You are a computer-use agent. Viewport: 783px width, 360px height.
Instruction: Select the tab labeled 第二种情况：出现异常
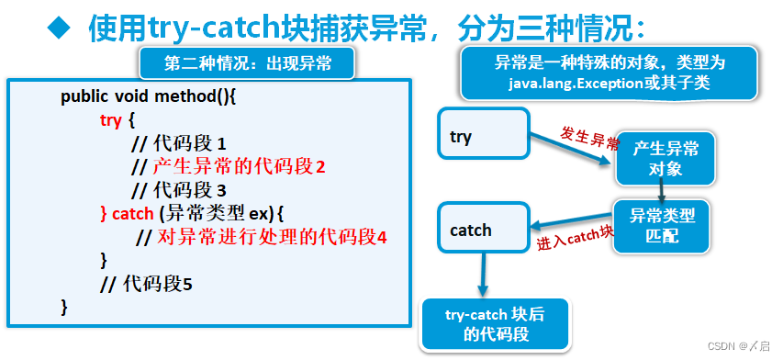click(x=246, y=63)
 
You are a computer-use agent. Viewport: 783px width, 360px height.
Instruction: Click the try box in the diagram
click(x=484, y=138)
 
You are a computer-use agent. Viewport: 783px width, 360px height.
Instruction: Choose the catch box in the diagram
click(x=484, y=231)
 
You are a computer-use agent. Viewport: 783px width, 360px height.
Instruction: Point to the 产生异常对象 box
click(x=664, y=159)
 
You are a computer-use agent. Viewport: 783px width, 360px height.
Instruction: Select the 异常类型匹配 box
click(x=661, y=226)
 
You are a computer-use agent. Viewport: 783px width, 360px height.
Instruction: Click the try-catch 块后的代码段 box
click(x=494, y=325)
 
